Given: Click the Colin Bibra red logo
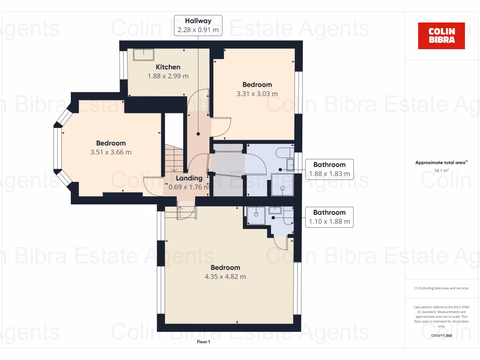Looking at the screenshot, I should coord(441,36).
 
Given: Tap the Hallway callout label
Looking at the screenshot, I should coord(198,25).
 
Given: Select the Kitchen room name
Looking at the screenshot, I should coord(168,67).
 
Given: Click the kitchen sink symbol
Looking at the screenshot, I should coord(143,55).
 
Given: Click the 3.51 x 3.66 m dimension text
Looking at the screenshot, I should coord(111,152).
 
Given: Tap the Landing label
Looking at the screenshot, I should coord(189,178).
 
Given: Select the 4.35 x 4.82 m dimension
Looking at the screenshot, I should coord(225,277).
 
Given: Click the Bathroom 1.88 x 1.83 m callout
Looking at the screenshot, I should coord(329,169).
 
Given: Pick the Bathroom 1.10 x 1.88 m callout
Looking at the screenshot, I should coord(329,217).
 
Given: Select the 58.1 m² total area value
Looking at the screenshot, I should coord(441,171).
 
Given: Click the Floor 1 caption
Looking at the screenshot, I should coord(203,342).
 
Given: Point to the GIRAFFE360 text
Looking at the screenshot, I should coord(442,336).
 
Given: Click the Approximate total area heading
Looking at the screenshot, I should coord(441,163).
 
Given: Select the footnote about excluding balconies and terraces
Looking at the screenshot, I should coord(441,288).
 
